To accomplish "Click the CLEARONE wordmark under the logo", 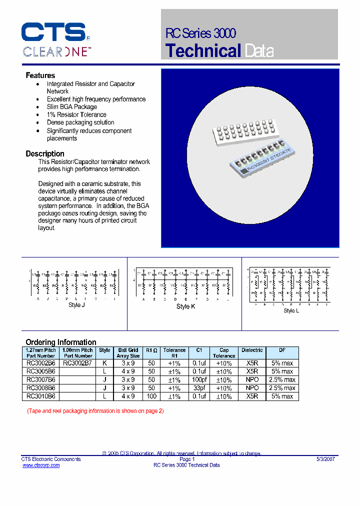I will click(x=56, y=51).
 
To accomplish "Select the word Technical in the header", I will click(x=203, y=51).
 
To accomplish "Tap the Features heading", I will click(x=40, y=75).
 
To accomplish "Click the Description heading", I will click(x=45, y=154).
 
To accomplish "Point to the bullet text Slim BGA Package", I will click(x=72, y=107).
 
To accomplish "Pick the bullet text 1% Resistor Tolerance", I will click(x=76, y=114).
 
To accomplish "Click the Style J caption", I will click(x=76, y=305).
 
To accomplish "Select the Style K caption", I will click(x=185, y=306).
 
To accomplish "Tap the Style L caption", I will click(x=291, y=310).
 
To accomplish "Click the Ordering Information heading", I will click(x=61, y=342).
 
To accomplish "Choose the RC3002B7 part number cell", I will click(x=77, y=363).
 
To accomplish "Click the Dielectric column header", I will click(x=252, y=350).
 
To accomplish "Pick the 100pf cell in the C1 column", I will click(x=199, y=380).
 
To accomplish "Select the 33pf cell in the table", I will click(x=199, y=388).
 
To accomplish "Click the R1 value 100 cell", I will click(x=151, y=396).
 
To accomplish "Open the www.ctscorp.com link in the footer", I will click(x=41, y=465).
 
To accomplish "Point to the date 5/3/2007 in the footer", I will click(x=325, y=459).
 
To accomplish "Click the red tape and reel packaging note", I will click(x=95, y=411).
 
